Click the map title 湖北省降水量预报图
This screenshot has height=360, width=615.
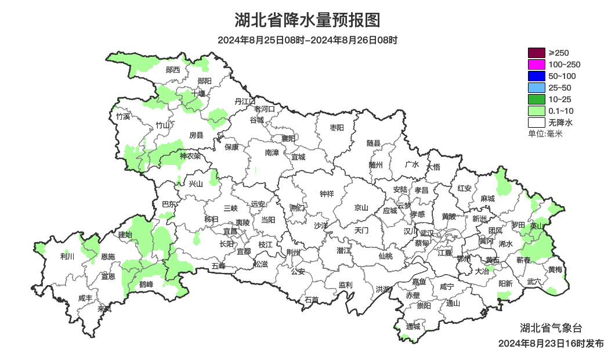(x=307, y=20)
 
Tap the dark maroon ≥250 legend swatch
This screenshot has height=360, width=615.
(x=536, y=53)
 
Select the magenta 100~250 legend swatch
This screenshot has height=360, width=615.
(x=536, y=64)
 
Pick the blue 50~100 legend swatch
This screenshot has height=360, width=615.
(x=536, y=76)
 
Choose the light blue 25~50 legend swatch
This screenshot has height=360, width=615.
(x=536, y=88)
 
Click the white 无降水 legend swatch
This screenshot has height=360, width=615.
(x=536, y=123)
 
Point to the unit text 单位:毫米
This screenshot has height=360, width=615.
(x=545, y=134)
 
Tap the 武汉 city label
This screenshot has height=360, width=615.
(x=426, y=233)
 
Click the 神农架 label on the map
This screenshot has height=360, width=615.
(x=190, y=156)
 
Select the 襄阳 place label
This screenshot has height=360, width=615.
(x=288, y=138)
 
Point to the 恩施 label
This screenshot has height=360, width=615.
(x=108, y=257)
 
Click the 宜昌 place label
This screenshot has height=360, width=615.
(x=230, y=231)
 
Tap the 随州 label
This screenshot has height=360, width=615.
(x=376, y=164)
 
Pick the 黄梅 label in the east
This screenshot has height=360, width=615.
(x=555, y=270)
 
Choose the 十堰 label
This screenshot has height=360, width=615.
(x=198, y=93)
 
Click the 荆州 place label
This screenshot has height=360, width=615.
(x=294, y=253)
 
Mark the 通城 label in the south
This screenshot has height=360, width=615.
(x=413, y=326)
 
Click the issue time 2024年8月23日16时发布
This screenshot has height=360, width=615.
(x=551, y=344)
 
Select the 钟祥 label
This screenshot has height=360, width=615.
(x=327, y=194)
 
